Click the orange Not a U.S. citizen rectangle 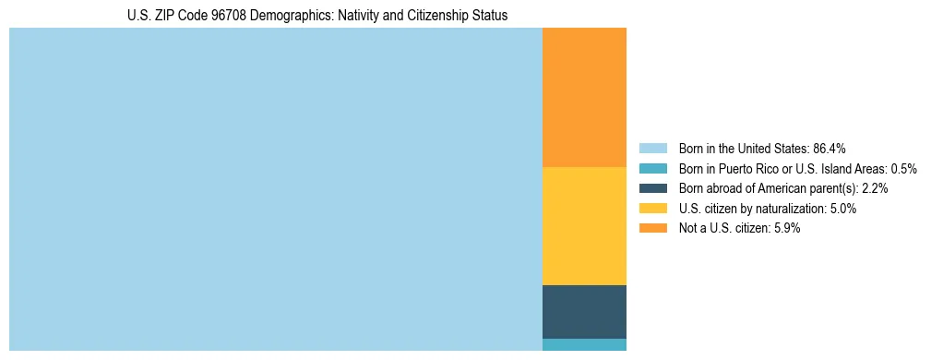point(584,97)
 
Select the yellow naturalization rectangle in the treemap point(584,226)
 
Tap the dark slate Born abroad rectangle point(584,312)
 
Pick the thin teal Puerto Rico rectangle point(584,344)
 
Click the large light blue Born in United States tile point(275,189)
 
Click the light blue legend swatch point(652,149)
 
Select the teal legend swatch point(652,169)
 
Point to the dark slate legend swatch point(652,188)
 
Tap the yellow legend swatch point(652,209)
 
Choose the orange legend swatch point(652,228)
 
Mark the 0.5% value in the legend point(903,169)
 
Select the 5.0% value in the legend point(842,209)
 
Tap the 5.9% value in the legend point(786,228)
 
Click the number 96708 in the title point(225,16)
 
